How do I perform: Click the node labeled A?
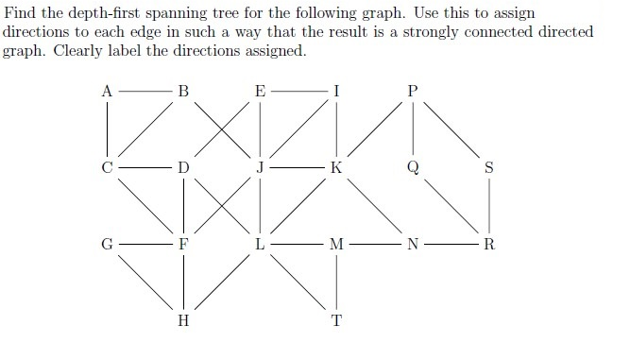(x=108, y=92)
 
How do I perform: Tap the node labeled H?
(x=183, y=319)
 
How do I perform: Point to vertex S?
(x=488, y=168)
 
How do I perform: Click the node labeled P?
(x=411, y=92)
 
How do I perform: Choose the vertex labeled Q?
(x=411, y=168)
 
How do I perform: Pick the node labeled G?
(x=108, y=244)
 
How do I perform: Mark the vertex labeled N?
(x=411, y=244)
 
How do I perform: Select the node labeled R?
(x=488, y=244)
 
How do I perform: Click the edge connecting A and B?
(x=145, y=92)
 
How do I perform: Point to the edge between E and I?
(x=298, y=92)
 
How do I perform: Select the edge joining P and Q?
(x=411, y=129)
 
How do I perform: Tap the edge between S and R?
(x=488, y=206)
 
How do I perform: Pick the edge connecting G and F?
(x=145, y=244)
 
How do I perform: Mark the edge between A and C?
(x=108, y=129)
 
